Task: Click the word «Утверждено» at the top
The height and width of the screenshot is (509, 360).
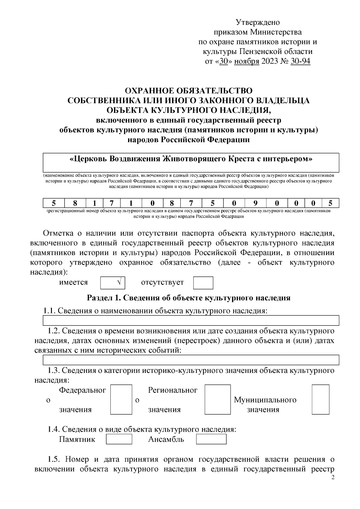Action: point(258,22)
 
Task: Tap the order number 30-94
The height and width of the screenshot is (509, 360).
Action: point(300,61)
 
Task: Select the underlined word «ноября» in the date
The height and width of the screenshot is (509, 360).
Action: point(247,61)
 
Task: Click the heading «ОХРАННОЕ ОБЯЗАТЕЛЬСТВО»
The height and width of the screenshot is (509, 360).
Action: point(189,91)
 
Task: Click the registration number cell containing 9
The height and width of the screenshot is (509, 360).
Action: point(255,203)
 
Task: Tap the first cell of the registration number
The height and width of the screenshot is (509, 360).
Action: point(53,203)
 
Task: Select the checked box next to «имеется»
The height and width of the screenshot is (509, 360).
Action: point(112,283)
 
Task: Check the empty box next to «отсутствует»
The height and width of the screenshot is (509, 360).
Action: point(203,283)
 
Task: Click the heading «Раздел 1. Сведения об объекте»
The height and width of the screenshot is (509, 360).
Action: point(189,298)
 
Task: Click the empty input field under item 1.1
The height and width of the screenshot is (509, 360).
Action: point(191,320)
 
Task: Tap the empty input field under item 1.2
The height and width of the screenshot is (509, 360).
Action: point(191,360)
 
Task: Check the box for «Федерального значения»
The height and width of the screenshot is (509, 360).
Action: point(121,400)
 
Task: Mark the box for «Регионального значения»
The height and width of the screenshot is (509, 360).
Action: point(215,400)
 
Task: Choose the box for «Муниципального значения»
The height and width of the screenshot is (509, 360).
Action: point(320,400)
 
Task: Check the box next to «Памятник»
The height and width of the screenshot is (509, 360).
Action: point(119,439)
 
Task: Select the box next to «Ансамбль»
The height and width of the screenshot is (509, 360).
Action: point(211,439)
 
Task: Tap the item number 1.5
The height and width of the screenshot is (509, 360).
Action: point(54,459)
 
